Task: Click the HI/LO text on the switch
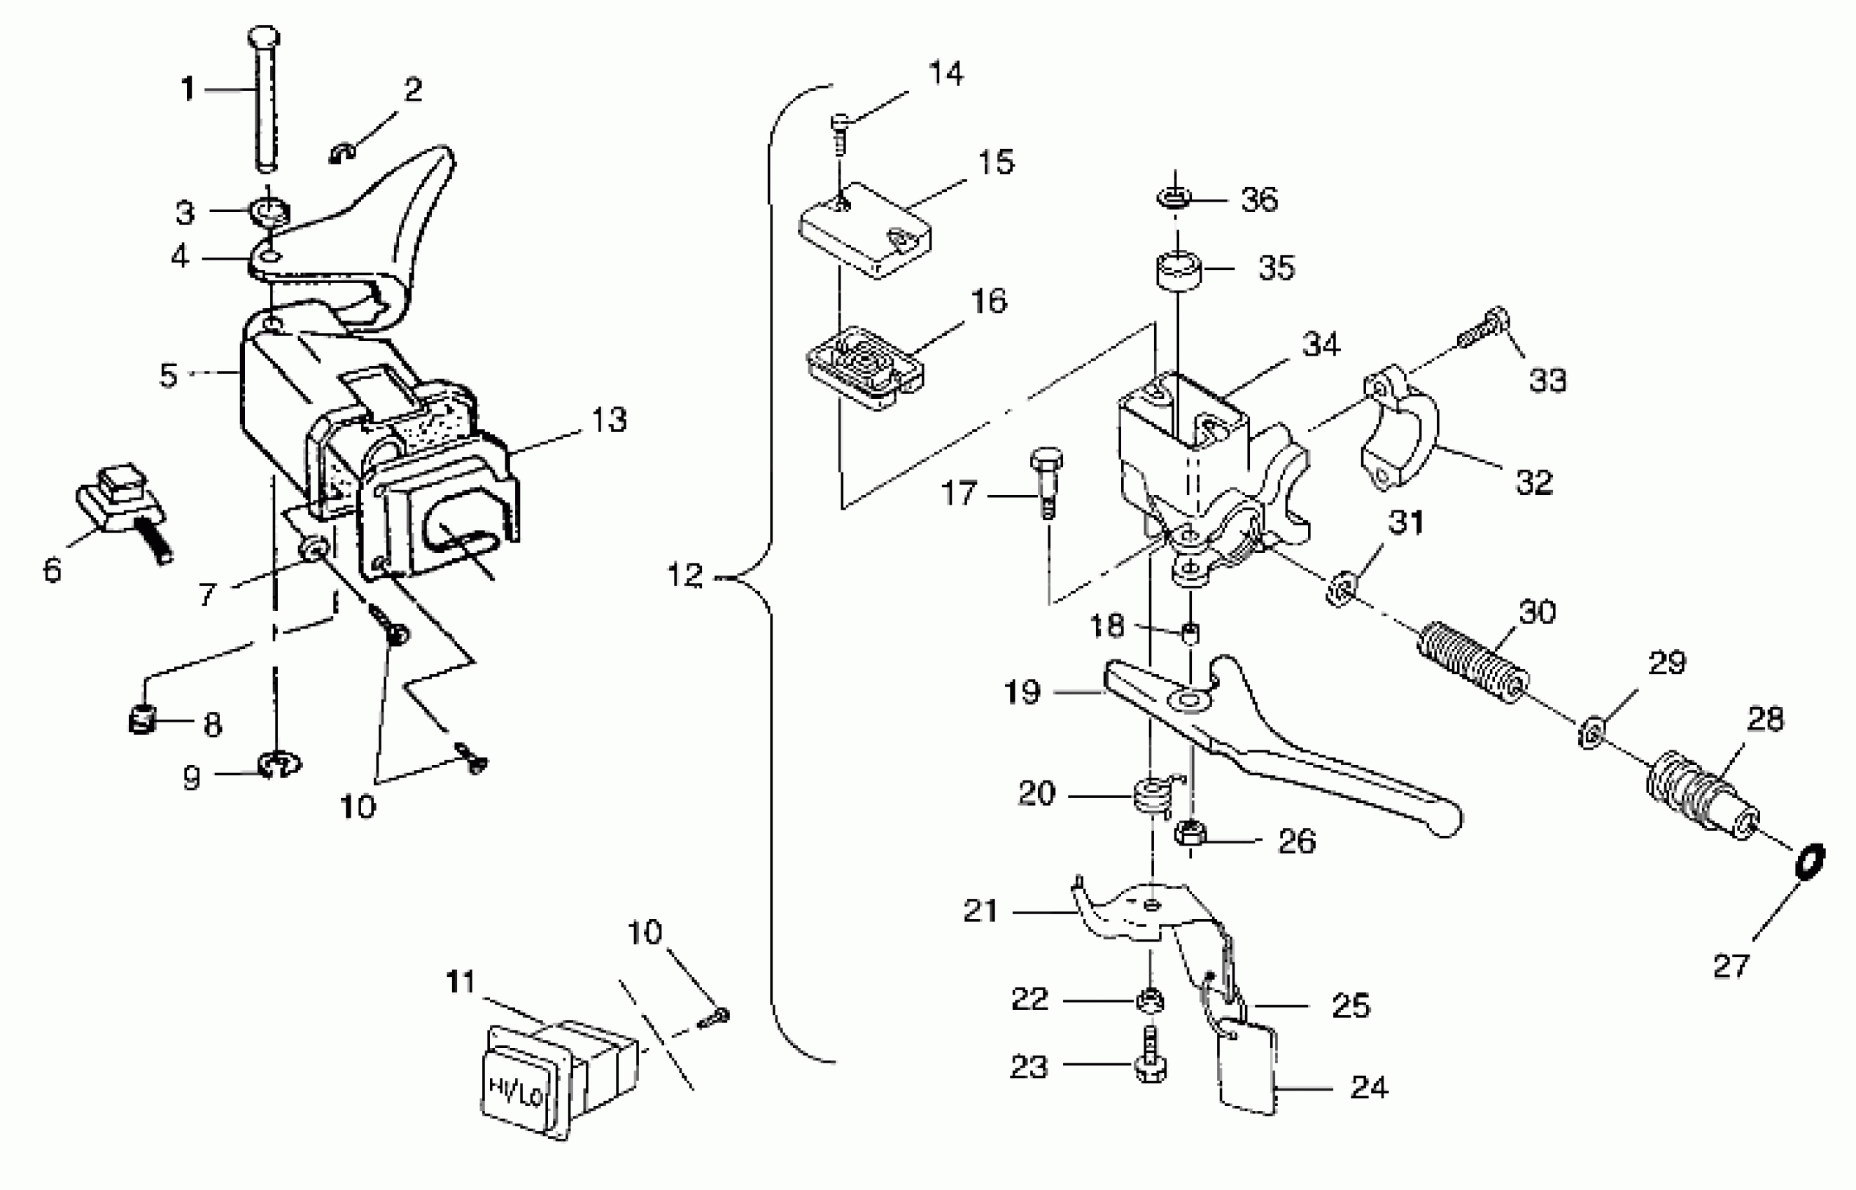516,1091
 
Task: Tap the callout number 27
1731,966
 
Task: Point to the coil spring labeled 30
1474,663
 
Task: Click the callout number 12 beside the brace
685,575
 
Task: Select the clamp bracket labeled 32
1398,429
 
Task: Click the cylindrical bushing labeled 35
1178,272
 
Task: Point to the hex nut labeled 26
1188,834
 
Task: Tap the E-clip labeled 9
278,766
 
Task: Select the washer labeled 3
269,211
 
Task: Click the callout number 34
1321,344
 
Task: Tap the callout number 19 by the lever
1022,692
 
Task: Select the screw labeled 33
1484,330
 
